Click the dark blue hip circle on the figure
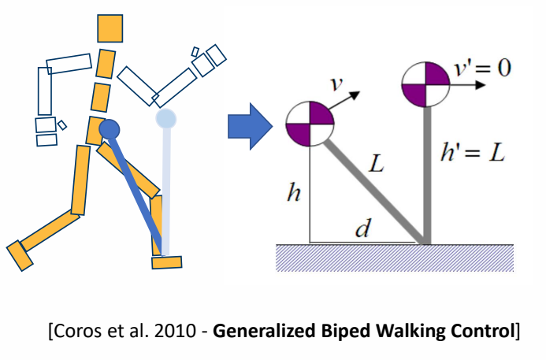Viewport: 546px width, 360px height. pos(109,129)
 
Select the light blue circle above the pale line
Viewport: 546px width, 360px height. pos(165,119)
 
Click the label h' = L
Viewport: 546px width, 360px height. pos(471,153)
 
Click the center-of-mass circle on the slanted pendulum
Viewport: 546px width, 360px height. pos(310,124)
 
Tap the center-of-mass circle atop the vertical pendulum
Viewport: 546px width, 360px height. pos(425,84)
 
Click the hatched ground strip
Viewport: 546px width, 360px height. pos(394,257)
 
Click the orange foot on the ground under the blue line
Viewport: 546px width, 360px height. pos(167,262)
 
